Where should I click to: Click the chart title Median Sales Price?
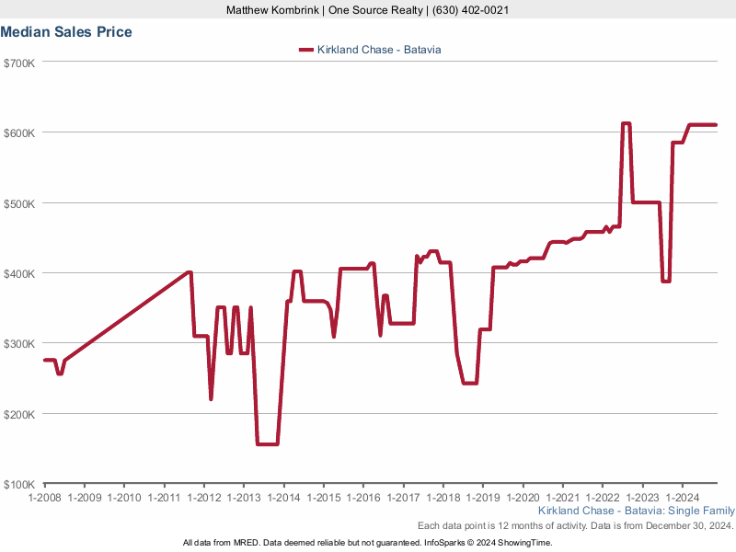coord(66,32)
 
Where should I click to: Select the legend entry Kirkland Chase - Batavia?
coord(379,50)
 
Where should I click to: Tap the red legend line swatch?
coord(306,50)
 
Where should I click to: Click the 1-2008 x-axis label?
coord(44,498)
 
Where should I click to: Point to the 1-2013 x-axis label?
coord(244,498)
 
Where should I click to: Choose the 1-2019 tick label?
coord(483,498)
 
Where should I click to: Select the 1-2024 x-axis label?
coord(682,498)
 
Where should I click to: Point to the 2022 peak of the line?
coord(626,123)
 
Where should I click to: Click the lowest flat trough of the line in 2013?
coord(267,444)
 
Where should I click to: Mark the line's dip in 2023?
coord(665,282)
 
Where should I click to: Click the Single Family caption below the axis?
coord(702,511)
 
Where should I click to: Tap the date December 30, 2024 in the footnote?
coord(682,525)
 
